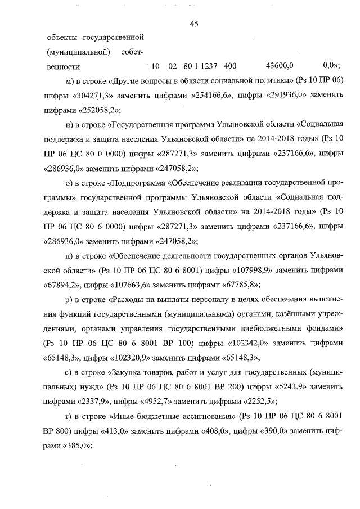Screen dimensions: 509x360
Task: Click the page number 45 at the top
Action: (x=195, y=24)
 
